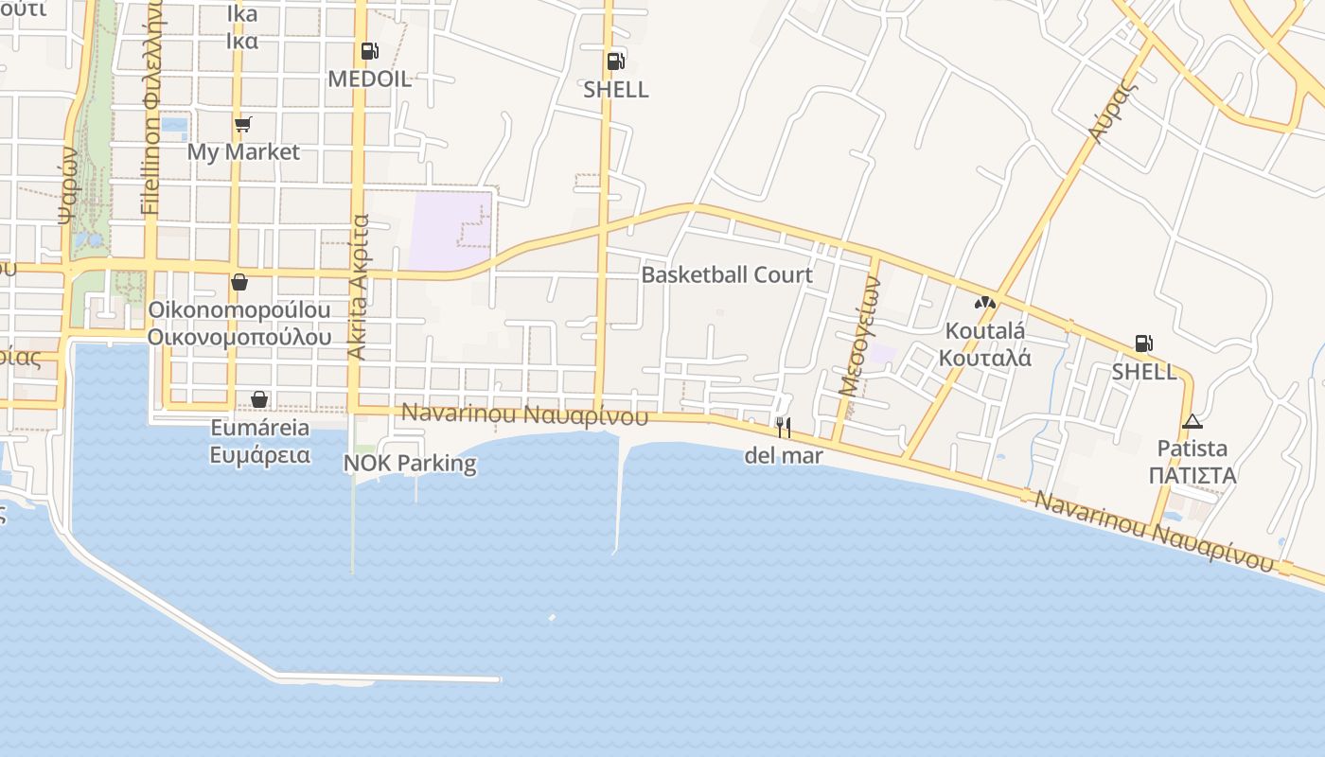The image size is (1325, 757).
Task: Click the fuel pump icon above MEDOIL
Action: click(x=369, y=51)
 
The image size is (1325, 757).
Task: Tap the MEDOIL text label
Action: click(x=369, y=79)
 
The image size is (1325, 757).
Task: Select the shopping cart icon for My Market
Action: click(x=243, y=124)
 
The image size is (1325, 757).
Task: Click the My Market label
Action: click(x=243, y=151)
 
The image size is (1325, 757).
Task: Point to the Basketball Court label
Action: click(x=727, y=274)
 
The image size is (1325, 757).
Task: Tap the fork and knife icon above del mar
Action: click(x=783, y=427)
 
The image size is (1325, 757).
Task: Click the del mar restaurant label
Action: click(x=784, y=455)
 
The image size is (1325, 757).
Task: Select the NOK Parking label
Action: click(x=410, y=463)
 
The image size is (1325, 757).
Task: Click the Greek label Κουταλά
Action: click(x=984, y=358)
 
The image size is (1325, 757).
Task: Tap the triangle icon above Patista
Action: click(x=1192, y=421)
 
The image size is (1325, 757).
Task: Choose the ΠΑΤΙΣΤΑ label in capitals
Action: click(x=1192, y=475)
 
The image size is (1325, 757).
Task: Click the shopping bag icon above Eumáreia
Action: click(x=259, y=399)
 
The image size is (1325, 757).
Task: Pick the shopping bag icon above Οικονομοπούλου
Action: click(x=239, y=282)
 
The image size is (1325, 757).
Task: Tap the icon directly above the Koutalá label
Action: click(x=984, y=303)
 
